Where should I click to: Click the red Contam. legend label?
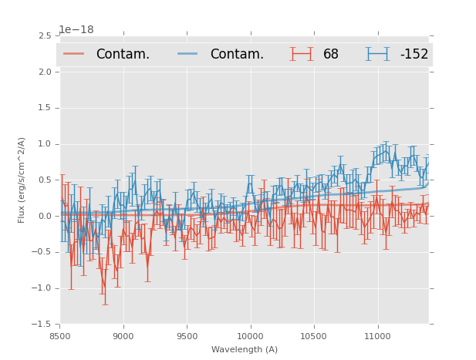(x=123, y=54)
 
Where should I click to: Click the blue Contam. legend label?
(x=237, y=54)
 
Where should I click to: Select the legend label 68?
(x=331, y=54)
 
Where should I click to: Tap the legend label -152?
(x=414, y=54)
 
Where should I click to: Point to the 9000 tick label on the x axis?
(x=123, y=336)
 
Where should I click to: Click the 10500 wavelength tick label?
(x=314, y=336)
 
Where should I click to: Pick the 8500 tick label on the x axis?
(x=60, y=336)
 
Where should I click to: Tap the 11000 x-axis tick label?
(x=377, y=336)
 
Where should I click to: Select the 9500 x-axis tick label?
(x=187, y=336)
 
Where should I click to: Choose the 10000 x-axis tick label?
(x=250, y=336)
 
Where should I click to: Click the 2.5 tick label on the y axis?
(x=44, y=36)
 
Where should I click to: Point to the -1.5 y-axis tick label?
(x=42, y=325)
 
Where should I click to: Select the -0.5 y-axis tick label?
(x=42, y=252)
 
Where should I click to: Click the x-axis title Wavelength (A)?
(x=245, y=349)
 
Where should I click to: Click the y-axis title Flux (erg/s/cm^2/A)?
(x=22, y=180)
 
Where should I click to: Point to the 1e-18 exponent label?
(x=76, y=30)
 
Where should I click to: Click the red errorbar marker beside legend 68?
(x=302, y=54)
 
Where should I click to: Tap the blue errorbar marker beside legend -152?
(x=378, y=54)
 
